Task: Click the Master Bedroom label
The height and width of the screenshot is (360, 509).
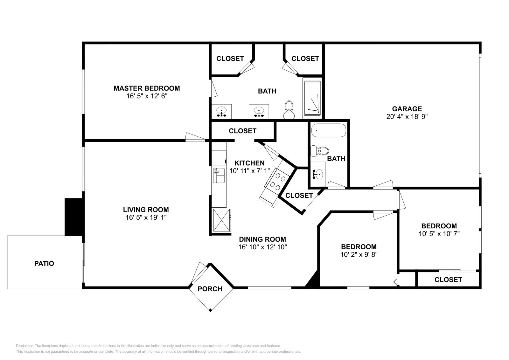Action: point(147,88)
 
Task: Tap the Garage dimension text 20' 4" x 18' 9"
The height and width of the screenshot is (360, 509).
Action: point(407,117)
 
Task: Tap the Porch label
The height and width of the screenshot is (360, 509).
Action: point(210,289)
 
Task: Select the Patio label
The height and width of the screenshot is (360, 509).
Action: point(44,263)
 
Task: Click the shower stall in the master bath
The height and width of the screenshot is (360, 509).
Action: point(312,98)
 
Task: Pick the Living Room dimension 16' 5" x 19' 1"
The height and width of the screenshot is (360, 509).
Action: point(146,218)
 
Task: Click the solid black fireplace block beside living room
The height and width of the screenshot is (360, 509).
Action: point(74,217)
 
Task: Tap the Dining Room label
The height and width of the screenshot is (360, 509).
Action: point(262,239)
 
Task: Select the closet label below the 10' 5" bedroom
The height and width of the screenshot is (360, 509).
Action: point(448,280)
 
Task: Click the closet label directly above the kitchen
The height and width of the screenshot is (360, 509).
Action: point(242,131)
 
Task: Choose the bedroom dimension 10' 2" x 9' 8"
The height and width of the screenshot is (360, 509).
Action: point(359,254)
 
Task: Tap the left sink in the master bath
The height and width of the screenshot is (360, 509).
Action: point(221,111)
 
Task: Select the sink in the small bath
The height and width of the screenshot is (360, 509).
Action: point(317,174)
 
